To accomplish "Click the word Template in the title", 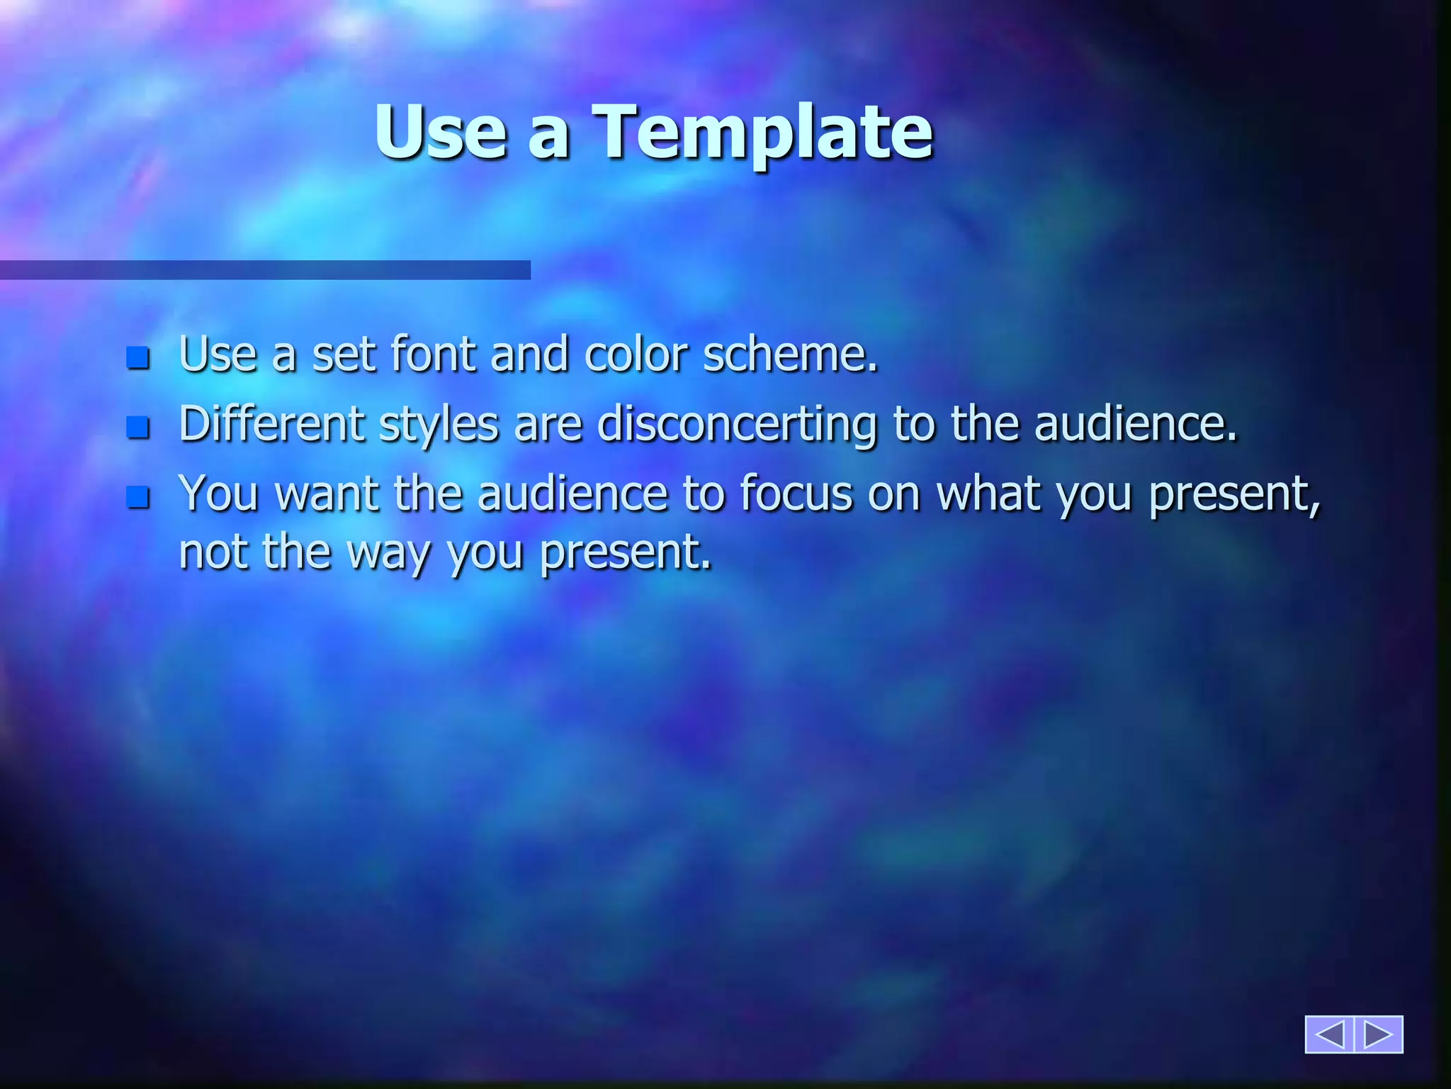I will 762,133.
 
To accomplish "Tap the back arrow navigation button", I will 1329,1034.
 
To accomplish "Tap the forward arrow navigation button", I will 1379,1034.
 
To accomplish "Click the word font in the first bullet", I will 432,354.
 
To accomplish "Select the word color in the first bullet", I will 636,354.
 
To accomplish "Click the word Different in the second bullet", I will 271,424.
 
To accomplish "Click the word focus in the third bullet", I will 796,493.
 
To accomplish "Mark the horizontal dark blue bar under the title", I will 265,270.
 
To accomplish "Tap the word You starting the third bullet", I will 218,493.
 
